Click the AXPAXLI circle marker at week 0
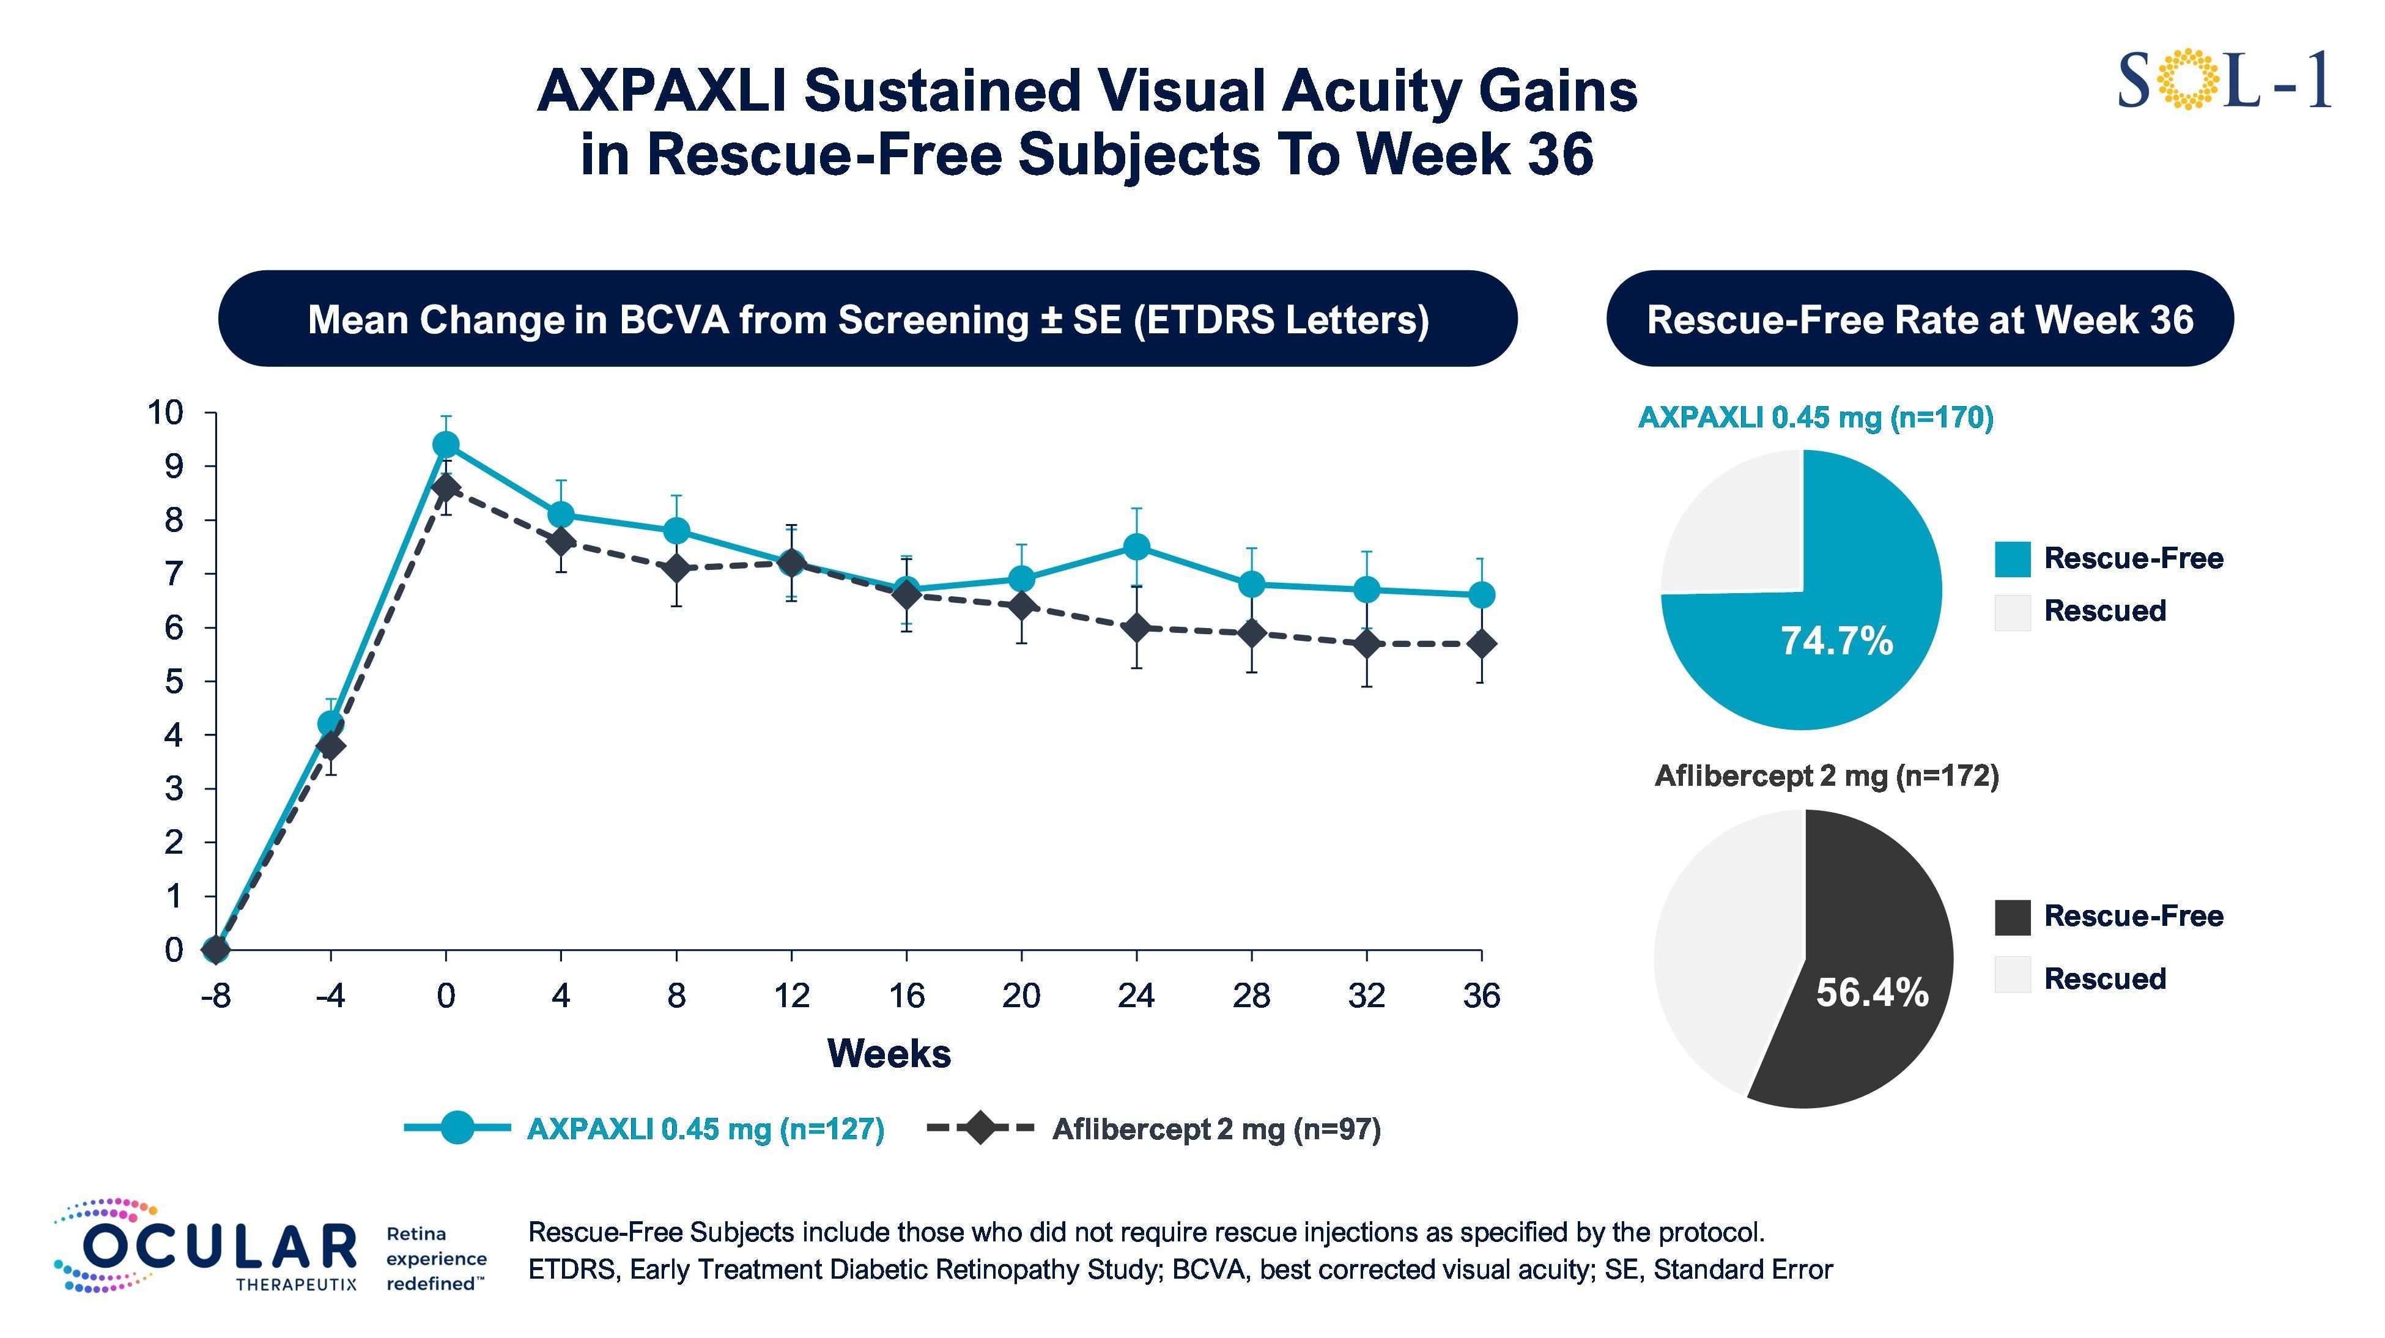(x=445, y=445)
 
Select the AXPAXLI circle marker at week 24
(x=1136, y=546)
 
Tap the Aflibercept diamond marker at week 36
(x=1481, y=643)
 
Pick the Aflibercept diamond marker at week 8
(x=676, y=567)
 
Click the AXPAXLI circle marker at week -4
(x=330, y=723)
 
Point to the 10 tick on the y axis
(x=168, y=413)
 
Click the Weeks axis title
(x=888, y=1054)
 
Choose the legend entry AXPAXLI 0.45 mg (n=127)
(x=704, y=1129)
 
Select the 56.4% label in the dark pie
(x=1871, y=992)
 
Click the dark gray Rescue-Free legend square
(x=2012, y=917)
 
